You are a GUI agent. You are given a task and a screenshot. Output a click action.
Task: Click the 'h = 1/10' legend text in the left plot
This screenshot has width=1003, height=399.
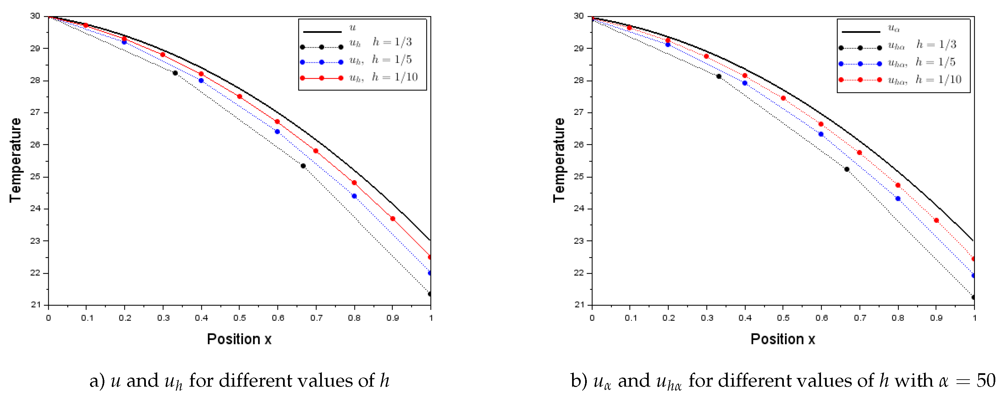(x=394, y=77)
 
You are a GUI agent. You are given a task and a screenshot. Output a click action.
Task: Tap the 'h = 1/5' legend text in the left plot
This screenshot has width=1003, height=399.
(x=391, y=60)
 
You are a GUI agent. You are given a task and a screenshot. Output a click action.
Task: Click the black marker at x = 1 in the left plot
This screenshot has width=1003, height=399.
(x=430, y=294)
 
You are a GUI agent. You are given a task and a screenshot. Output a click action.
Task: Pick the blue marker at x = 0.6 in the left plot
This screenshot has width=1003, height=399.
(x=277, y=132)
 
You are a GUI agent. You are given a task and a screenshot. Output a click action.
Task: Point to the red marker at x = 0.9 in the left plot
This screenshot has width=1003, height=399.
(x=392, y=219)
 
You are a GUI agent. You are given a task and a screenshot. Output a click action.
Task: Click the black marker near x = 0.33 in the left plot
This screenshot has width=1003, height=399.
(x=175, y=73)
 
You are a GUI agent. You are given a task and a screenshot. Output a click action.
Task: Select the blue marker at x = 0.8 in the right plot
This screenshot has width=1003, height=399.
(x=898, y=199)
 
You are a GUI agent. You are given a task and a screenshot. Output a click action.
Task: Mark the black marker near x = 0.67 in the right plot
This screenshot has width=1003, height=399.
(x=847, y=169)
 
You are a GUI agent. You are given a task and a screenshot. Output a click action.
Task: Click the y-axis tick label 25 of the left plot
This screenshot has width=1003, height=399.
(x=35, y=177)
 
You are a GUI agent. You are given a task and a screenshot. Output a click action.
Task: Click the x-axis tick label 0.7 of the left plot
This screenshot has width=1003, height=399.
(x=316, y=318)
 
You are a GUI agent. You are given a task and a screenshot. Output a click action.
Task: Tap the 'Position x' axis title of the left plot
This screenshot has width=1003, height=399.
(x=239, y=339)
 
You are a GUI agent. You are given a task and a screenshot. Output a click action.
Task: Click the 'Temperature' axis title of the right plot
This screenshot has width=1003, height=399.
(x=559, y=160)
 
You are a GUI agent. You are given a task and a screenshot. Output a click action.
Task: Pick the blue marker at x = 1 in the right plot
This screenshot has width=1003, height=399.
(x=974, y=276)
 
